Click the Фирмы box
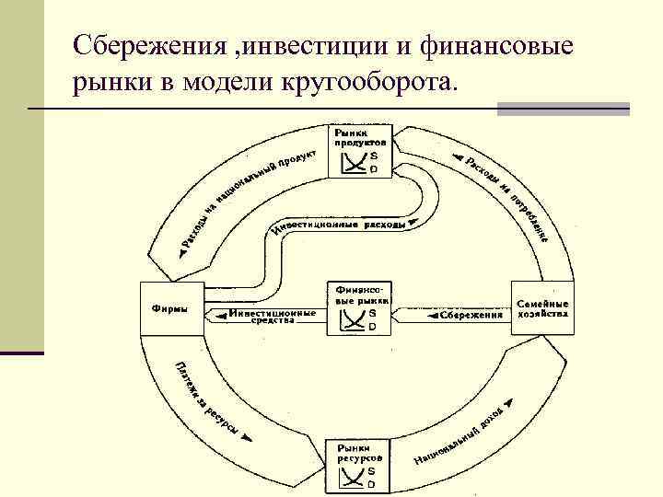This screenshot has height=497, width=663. [x=169, y=309]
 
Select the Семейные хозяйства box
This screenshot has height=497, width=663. [x=542, y=308]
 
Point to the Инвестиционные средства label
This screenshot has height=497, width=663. [x=273, y=316]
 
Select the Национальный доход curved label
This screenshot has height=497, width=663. [x=460, y=437]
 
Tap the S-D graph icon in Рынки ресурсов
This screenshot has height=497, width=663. [x=350, y=477]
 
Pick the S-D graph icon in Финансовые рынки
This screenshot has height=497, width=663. [x=351, y=319]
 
